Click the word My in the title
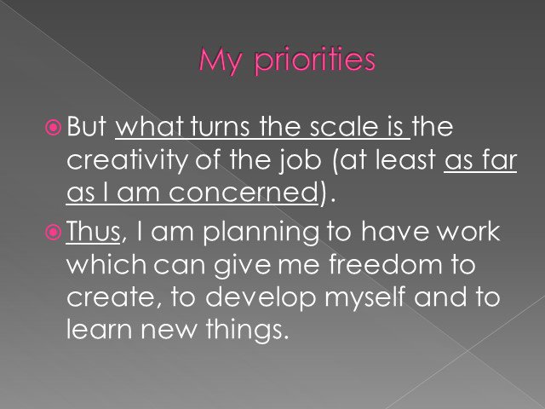tap(220, 61)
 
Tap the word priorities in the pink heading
tap(315, 60)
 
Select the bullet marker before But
tap(53, 127)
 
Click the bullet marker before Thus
tap(53, 232)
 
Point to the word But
tap(87, 126)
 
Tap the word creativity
tap(127, 161)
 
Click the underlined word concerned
tap(243, 192)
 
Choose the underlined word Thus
tap(93, 231)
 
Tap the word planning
tap(261, 233)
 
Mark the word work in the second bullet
tap(468, 231)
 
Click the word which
tap(106, 264)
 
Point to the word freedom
tap(386, 263)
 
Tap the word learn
tap(100, 329)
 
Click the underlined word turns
tap(221, 126)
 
